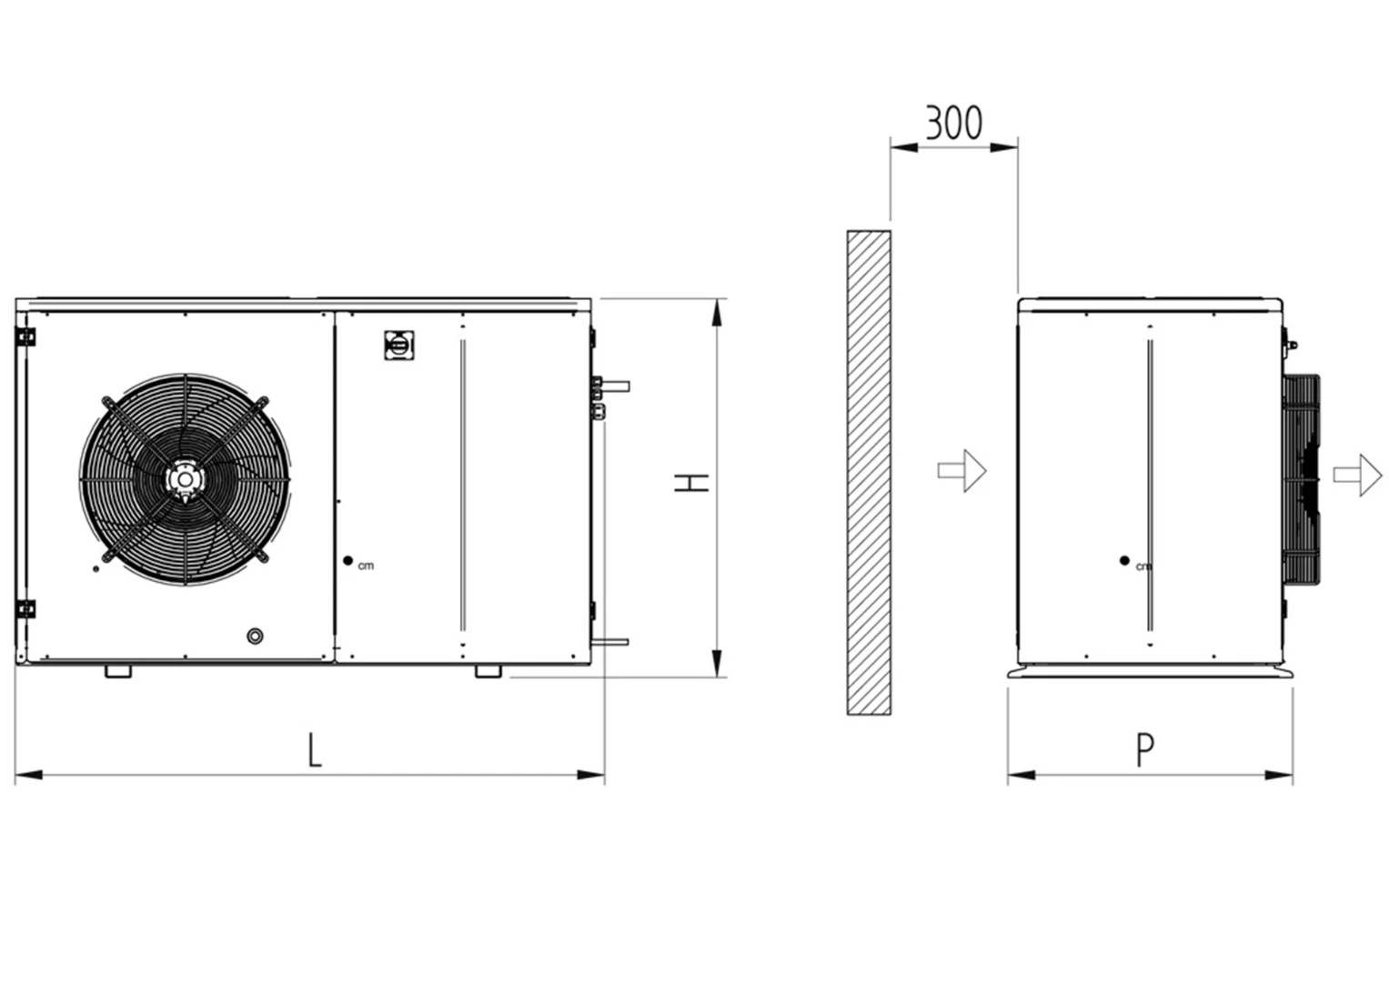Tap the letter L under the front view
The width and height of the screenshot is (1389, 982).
coord(315,750)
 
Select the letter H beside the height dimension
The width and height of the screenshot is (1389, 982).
coord(691,483)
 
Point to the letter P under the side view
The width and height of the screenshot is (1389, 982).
coord(1144,750)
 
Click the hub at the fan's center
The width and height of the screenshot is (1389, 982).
coord(185,479)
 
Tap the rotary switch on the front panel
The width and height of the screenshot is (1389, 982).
coord(398,346)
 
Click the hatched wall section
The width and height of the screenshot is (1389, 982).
coord(869,473)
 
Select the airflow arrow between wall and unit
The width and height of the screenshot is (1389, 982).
coord(961,471)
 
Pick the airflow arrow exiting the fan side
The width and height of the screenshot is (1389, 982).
coord(1358,475)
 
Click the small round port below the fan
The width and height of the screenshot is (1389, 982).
coord(255,636)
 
